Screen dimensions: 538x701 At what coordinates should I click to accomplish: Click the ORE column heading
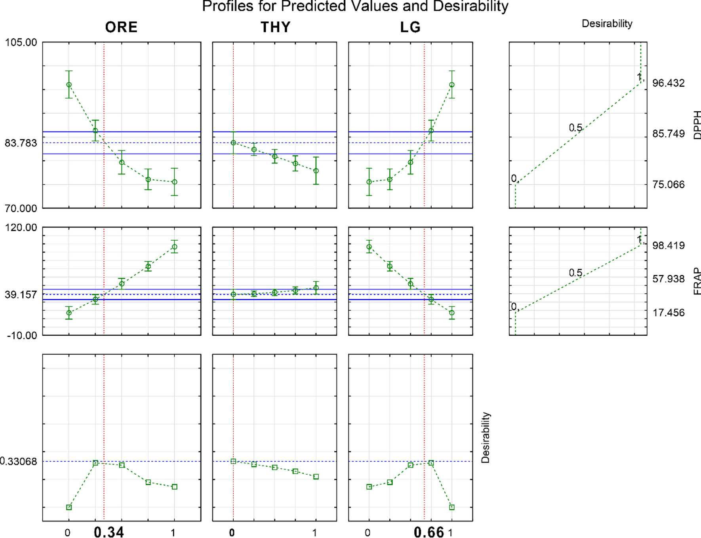coord(121,27)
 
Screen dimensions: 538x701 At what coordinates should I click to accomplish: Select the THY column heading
coord(275,27)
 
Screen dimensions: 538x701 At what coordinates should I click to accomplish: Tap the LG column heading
coord(410,27)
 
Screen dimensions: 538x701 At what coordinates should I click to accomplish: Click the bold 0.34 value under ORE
coord(109,532)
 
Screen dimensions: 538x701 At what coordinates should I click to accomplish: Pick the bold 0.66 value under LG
coord(429,532)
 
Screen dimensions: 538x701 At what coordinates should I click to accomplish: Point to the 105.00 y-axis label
coord(21,42)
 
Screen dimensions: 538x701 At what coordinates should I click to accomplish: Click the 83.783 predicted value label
coord(21,143)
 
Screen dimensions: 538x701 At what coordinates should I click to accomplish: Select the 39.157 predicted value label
coord(21,295)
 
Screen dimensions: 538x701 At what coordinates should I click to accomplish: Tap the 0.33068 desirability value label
coord(18,462)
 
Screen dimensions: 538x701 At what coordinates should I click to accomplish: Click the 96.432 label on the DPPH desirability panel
coord(668,83)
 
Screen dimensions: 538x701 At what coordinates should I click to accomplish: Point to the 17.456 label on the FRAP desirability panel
coord(668,313)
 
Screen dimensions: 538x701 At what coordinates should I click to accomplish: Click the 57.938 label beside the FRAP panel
coord(668,279)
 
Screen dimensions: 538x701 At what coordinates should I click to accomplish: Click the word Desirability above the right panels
coord(607,24)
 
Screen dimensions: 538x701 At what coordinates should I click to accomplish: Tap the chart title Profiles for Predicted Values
coord(355,6)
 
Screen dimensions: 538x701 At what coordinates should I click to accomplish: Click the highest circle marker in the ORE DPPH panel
coord(69,85)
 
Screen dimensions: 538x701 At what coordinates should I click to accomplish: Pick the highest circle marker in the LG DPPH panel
coord(452,85)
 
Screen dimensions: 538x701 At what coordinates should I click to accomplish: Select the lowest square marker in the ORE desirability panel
coord(69,507)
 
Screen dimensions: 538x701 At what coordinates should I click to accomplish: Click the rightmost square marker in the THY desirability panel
coord(316,477)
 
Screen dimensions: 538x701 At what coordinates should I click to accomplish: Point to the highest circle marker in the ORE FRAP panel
coord(175,247)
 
